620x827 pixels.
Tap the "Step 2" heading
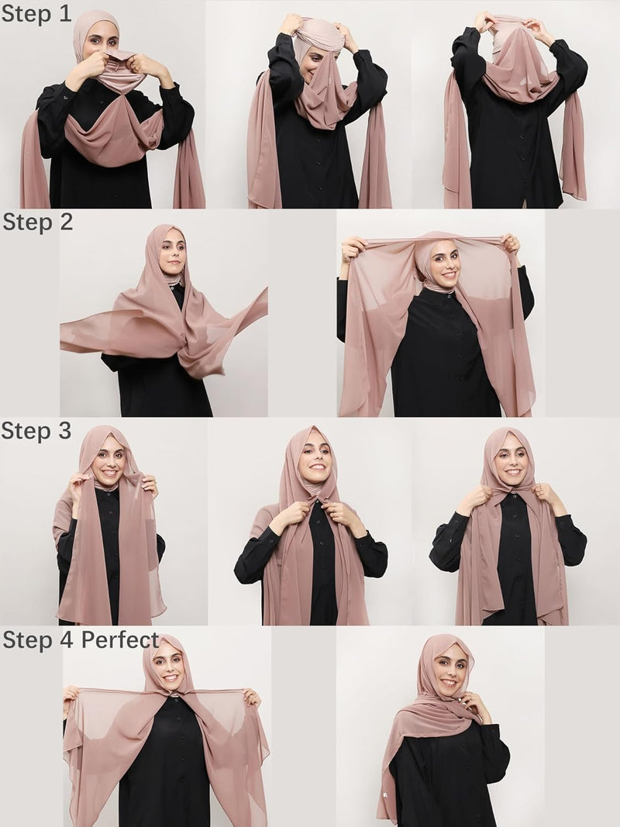tap(37, 222)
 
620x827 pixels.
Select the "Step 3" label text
tap(36, 431)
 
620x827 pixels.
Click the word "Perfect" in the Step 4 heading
tap(120, 640)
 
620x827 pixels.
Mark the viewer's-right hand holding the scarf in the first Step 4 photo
tap(251, 697)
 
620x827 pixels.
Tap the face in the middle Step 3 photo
tap(315, 460)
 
